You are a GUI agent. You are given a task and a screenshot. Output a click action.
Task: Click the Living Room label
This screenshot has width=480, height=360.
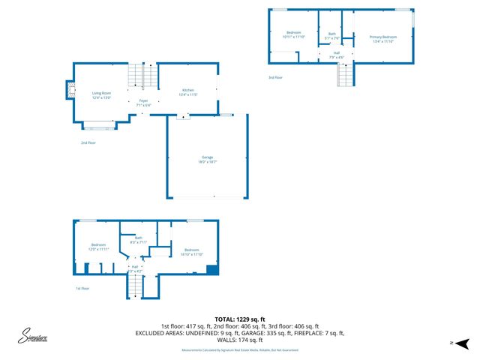(101, 93)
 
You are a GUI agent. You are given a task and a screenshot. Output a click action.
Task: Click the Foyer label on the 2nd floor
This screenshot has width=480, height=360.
(143, 100)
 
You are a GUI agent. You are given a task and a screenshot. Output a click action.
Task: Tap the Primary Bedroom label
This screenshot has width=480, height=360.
(382, 37)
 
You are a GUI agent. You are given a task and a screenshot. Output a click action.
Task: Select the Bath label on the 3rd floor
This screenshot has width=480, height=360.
(332, 34)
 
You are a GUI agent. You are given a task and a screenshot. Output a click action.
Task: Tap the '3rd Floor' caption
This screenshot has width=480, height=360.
(276, 77)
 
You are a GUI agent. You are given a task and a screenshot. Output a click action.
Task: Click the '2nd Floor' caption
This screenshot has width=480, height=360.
(88, 142)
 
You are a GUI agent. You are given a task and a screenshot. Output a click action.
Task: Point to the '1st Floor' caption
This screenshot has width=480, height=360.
(83, 288)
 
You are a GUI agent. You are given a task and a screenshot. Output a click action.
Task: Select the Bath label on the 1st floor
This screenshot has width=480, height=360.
(139, 238)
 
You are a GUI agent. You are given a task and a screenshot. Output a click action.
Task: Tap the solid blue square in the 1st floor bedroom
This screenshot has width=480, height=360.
(211, 271)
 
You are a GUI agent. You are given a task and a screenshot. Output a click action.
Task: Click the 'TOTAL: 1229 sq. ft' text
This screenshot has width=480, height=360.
(239, 319)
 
